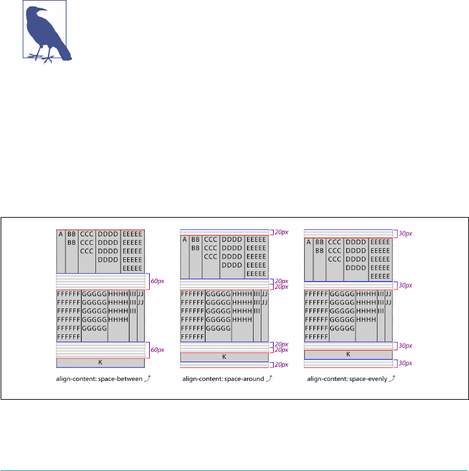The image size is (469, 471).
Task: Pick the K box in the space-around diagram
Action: pyautogui.click(x=224, y=357)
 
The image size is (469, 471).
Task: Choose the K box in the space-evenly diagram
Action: pyautogui.click(x=348, y=354)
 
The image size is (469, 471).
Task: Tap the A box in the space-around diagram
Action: pyautogui.click(x=185, y=257)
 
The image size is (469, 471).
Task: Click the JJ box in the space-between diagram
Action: pyautogui.click(x=141, y=316)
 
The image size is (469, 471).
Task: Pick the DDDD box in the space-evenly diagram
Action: pyautogui.click(x=356, y=260)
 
